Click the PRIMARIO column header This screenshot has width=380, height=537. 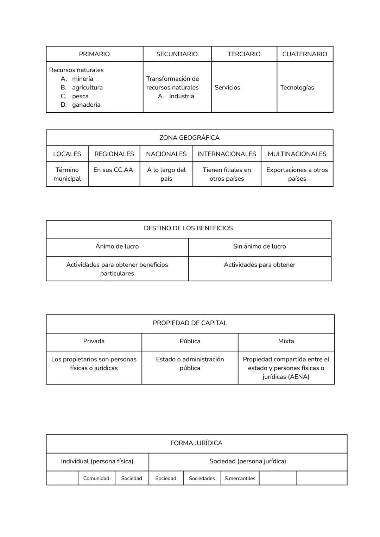point(94,54)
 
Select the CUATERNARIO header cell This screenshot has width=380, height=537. point(304,54)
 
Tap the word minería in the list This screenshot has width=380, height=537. point(83,79)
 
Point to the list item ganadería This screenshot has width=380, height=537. point(86,105)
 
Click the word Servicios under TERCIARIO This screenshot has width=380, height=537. point(227,88)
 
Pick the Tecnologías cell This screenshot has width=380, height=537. point(297,88)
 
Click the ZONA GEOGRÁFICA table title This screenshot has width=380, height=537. point(189,138)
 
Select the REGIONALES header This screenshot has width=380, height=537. point(114,154)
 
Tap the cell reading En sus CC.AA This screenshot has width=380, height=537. point(113,170)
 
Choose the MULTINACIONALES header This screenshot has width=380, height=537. point(297,154)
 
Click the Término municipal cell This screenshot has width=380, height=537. point(67,174)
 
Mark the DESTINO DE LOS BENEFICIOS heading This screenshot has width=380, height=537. point(188,229)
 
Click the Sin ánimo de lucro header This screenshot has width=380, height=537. point(259,246)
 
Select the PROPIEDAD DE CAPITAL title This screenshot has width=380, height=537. point(190,323)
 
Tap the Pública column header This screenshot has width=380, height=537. point(190,341)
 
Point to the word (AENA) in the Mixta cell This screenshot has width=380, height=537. point(298,377)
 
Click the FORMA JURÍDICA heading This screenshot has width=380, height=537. point(196,443)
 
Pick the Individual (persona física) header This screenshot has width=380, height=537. point(97,461)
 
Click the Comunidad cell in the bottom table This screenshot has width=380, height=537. point(96,479)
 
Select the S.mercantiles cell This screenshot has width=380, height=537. point(240,479)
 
